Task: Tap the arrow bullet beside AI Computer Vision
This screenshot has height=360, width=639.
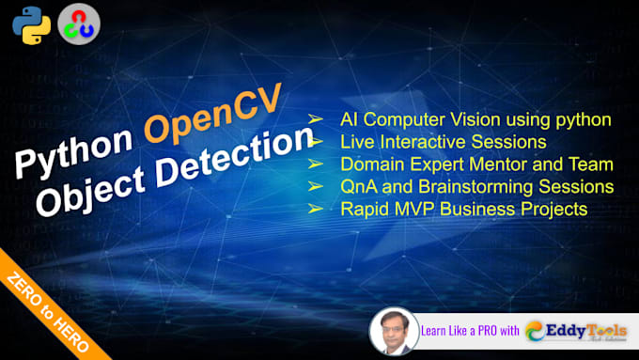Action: click(317, 119)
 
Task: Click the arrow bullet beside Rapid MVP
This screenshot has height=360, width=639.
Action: click(317, 209)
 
